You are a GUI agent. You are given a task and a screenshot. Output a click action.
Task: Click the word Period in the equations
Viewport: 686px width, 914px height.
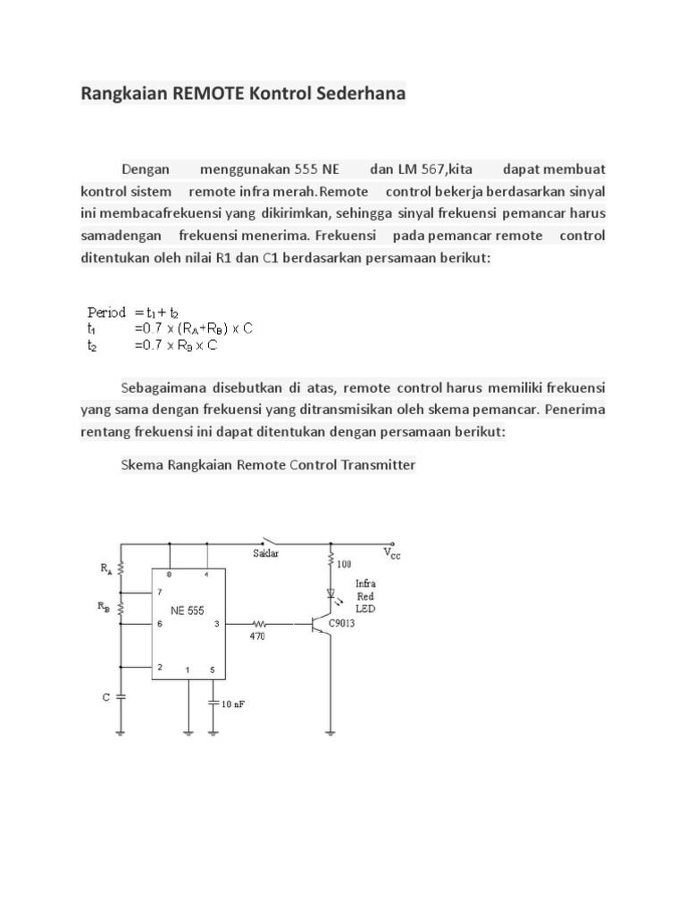pyautogui.click(x=106, y=312)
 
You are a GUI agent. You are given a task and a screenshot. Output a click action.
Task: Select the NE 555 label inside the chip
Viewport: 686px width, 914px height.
pyautogui.click(x=188, y=611)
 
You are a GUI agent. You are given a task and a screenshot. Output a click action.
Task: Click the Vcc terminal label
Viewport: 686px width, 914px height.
pyautogui.click(x=392, y=553)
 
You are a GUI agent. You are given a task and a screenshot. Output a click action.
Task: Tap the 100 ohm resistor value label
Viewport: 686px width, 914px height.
pyautogui.click(x=345, y=563)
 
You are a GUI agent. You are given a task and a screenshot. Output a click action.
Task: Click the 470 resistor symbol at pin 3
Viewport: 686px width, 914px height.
pyautogui.click(x=260, y=623)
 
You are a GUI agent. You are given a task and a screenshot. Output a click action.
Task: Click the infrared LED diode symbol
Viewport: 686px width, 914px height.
pyautogui.click(x=331, y=593)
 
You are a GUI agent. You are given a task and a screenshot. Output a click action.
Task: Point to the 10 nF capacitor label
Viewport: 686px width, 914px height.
pyautogui.click(x=233, y=703)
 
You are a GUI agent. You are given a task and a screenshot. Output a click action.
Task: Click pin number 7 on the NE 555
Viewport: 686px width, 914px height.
pyautogui.click(x=159, y=592)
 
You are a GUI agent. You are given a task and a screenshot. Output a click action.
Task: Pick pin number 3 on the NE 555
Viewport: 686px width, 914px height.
pyautogui.click(x=217, y=624)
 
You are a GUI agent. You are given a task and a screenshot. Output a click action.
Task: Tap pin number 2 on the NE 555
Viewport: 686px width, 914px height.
pyautogui.click(x=159, y=666)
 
